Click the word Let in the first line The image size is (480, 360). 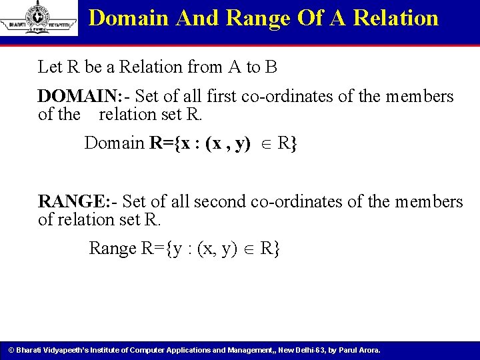[x=49, y=67]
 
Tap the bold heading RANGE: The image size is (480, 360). [x=70, y=201]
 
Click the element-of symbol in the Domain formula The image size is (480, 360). [x=264, y=143]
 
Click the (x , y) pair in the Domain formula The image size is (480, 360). [x=227, y=143]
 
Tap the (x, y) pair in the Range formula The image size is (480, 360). [x=217, y=248]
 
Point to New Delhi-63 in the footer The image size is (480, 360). [x=301, y=350]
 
